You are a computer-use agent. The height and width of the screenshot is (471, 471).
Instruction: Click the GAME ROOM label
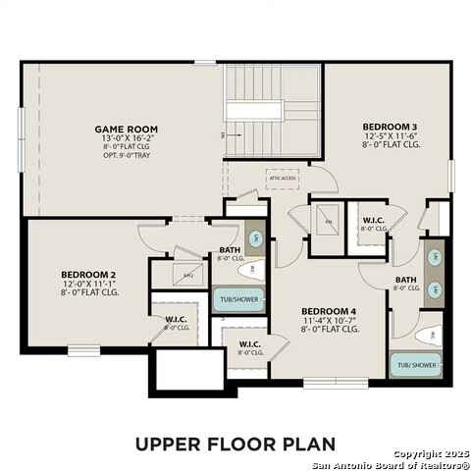(126, 129)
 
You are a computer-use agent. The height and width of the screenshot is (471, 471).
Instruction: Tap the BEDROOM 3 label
(390, 127)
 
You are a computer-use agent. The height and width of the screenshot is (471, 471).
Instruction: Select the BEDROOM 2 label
(89, 274)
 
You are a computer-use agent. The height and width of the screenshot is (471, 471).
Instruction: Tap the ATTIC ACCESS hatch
(282, 180)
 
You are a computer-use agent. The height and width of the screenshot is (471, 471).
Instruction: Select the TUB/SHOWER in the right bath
(416, 365)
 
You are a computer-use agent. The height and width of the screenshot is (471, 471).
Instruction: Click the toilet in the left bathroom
(250, 268)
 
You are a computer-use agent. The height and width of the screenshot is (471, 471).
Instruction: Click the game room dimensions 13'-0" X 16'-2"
(126, 138)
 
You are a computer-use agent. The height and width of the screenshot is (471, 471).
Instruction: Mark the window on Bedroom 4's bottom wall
(332, 382)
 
